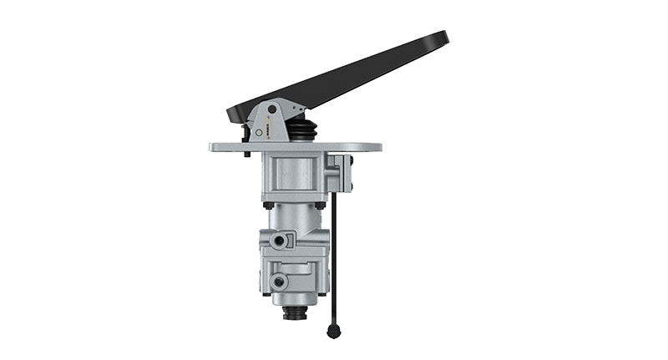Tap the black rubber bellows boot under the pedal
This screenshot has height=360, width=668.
[302, 130]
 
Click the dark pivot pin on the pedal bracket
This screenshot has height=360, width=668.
[272, 109]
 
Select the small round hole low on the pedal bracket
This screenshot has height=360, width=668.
[259, 132]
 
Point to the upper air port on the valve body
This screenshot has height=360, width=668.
[280, 241]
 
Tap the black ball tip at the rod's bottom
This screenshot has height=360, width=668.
[334, 332]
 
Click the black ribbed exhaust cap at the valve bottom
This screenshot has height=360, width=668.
[295, 313]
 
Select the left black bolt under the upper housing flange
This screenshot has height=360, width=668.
[268, 204]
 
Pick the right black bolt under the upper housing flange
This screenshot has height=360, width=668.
[320, 204]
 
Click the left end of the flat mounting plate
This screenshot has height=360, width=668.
[214, 147]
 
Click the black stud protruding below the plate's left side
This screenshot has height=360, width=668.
[247, 155]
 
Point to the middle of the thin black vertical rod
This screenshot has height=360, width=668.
[334, 259]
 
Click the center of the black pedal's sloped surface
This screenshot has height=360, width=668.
[342, 77]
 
